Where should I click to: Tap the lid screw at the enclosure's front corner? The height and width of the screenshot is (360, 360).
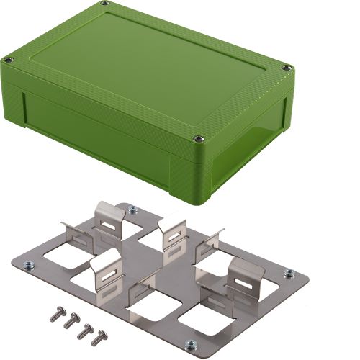[195, 137]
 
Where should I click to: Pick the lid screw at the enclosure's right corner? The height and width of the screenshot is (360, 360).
[287, 68]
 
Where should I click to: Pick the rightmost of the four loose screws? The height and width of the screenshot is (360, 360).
[100, 335]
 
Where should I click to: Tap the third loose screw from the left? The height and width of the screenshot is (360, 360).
[85, 329]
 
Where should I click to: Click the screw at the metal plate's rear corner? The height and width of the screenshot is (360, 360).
[132, 210]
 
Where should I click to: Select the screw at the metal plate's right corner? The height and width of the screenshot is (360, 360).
[289, 274]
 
